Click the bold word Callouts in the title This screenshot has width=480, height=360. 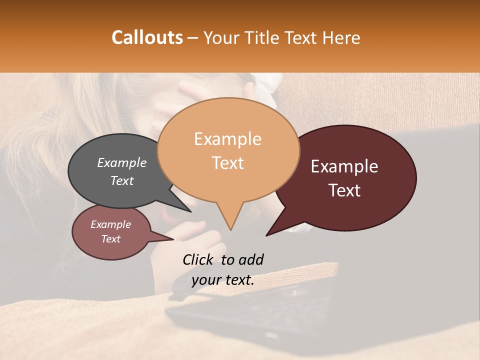(147, 37)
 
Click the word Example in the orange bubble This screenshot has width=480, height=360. (228, 139)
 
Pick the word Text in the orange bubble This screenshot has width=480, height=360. (228, 163)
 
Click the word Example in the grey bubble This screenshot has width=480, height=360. (122, 162)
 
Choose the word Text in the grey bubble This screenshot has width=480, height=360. (122, 180)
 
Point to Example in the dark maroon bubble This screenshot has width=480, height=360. (344, 166)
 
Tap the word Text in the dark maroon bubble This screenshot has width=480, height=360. (345, 190)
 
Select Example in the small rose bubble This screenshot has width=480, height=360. (111, 224)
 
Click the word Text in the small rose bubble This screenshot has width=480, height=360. (111, 239)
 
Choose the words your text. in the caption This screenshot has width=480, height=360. (223, 280)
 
